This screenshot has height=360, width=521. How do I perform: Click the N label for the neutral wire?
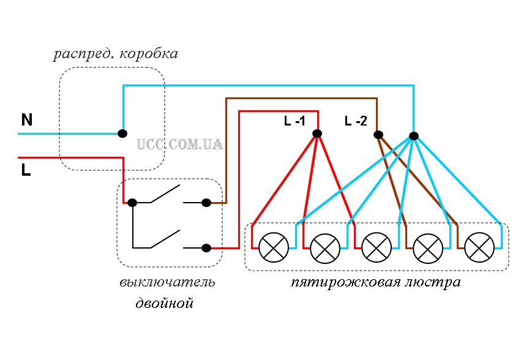click(x=27, y=119)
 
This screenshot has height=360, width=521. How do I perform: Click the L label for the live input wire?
click(x=26, y=170)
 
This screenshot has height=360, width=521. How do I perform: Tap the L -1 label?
click(x=294, y=121)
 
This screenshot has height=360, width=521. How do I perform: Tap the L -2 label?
click(x=356, y=121)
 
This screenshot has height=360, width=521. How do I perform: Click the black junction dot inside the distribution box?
click(x=122, y=133)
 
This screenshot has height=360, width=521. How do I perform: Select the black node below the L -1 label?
click(x=317, y=133)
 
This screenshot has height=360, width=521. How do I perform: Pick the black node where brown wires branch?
click(x=378, y=135)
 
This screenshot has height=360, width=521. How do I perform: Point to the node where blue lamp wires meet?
click(x=414, y=136)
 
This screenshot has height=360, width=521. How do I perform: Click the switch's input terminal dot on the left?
click(x=132, y=203)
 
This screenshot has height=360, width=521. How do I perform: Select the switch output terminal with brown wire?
click(x=206, y=203)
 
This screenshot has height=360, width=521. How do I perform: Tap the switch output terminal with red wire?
click(x=206, y=247)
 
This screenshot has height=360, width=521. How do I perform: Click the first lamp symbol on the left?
click(x=274, y=247)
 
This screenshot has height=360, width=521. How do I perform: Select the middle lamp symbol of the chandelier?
click(x=377, y=247)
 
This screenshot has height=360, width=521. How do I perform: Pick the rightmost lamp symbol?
click(x=479, y=247)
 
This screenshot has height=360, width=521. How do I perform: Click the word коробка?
click(x=149, y=54)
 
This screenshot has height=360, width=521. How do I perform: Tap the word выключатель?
click(x=167, y=282)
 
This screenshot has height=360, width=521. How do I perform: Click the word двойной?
click(x=165, y=304)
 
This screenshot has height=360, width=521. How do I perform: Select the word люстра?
click(x=433, y=282)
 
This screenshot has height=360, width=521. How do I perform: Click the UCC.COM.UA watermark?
click(x=179, y=144)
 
